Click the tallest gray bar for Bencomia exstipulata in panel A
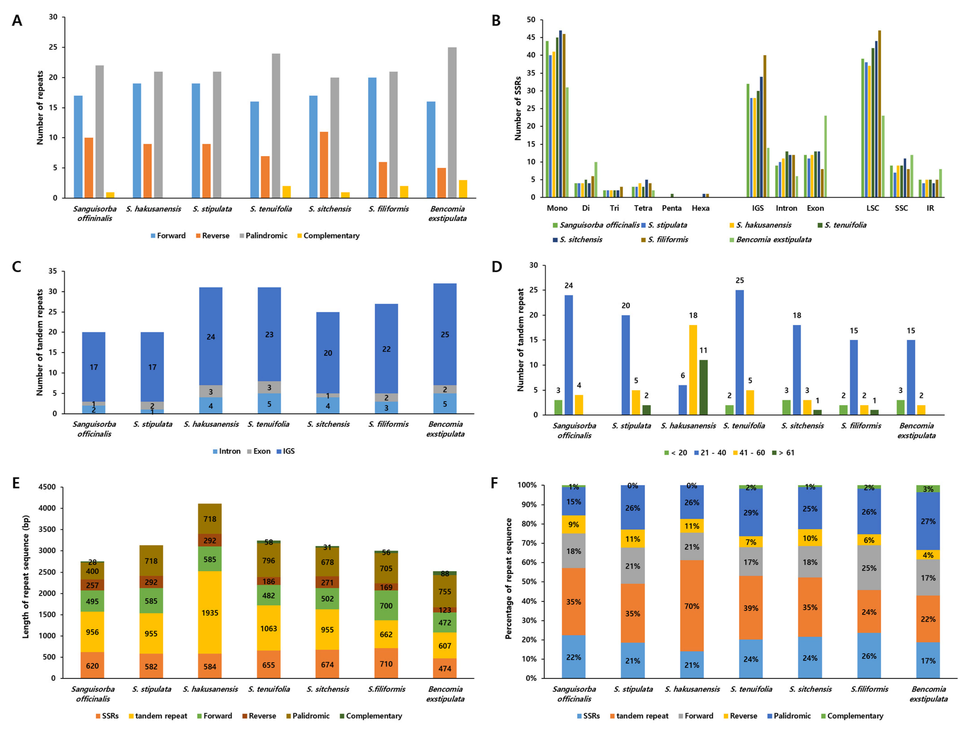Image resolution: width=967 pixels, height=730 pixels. (x=452, y=122)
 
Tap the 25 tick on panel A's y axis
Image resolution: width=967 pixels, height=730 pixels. (x=52, y=47)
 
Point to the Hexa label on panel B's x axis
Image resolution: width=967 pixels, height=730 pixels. (x=700, y=208)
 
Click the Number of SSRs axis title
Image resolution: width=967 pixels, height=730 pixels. (x=518, y=108)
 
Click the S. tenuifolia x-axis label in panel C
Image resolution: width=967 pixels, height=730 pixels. (x=268, y=424)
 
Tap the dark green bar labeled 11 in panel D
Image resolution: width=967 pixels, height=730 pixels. (x=703, y=387)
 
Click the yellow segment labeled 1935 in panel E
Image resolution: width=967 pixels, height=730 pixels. (x=210, y=613)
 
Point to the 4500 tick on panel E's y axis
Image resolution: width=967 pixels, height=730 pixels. (x=47, y=487)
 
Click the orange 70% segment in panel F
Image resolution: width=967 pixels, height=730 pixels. (x=692, y=606)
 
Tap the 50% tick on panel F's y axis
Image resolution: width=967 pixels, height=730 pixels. (x=527, y=582)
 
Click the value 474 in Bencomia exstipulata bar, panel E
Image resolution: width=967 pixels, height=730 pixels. (x=445, y=669)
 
